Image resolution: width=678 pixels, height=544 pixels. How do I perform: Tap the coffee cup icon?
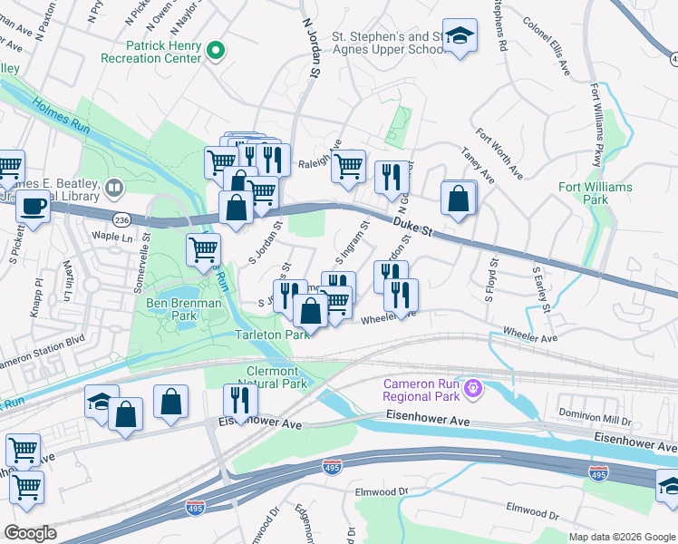pos(34,206)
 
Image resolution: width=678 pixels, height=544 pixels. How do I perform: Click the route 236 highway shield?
pos(123,219)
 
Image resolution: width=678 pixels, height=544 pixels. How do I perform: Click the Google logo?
pos(30,533)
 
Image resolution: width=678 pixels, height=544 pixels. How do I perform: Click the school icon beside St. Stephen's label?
pos(460,36)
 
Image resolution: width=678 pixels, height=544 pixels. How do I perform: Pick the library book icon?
pos(113,189)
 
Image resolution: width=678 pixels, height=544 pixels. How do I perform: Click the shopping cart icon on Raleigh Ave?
pos(348,167)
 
